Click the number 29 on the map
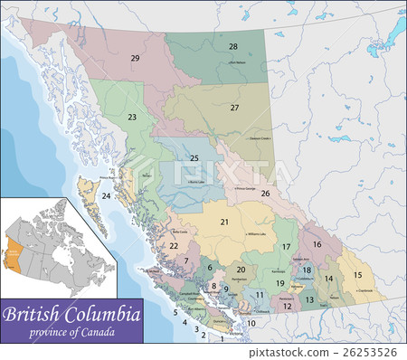point(135,58)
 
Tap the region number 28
point(232,46)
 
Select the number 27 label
point(234,108)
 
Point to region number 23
point(132,117)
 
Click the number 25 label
point(194,158)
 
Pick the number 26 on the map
point(265,193)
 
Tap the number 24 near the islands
point(107,195)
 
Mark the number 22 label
point(174,245)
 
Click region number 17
point(286,246)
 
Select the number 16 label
point(317,244)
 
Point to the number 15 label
point(357,275)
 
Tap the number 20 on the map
point(241,270)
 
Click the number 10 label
point(251,323)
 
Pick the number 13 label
point(309,298)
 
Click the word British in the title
point(39,316)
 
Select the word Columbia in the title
point(106,316)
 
